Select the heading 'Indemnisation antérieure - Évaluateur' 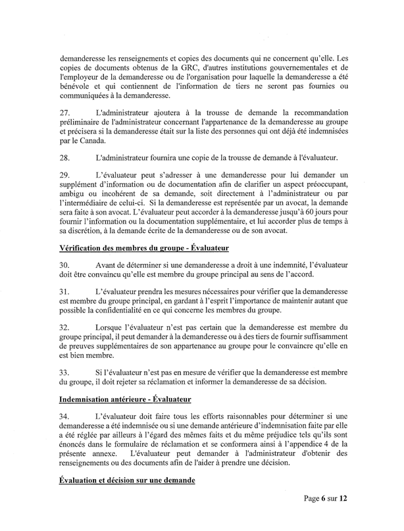139,399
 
